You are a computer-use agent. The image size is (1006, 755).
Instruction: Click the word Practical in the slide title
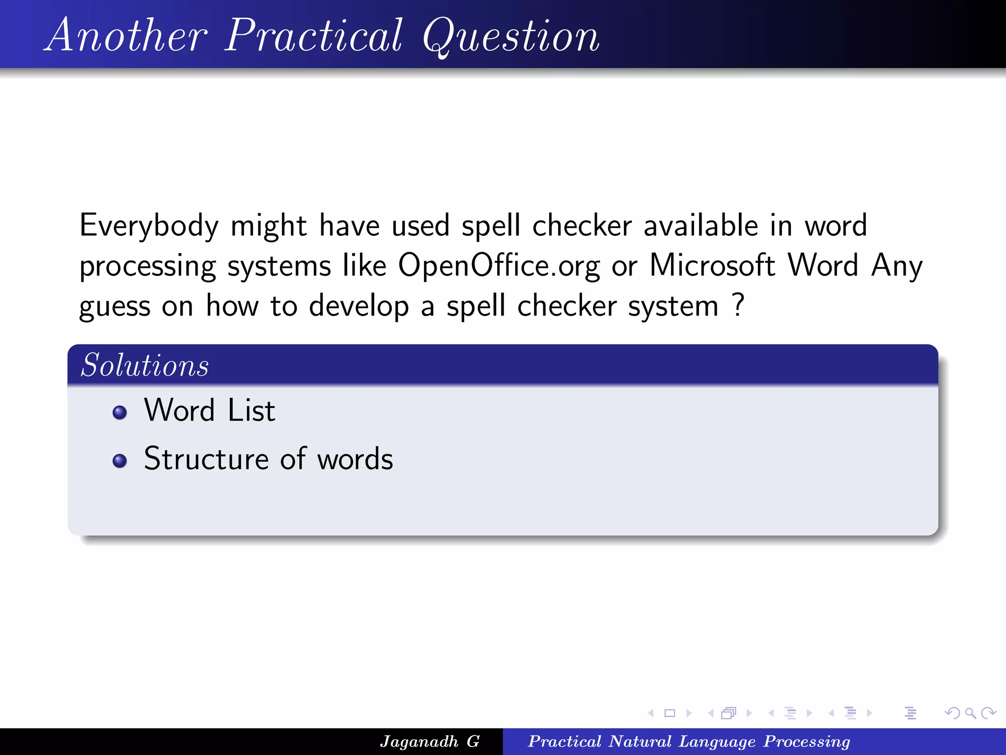[314, 35]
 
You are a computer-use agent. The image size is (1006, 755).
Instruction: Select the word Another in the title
[127, 35]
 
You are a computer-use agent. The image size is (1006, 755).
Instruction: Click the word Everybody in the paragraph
[148, 226]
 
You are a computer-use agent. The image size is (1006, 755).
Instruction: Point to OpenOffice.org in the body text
[499, 266]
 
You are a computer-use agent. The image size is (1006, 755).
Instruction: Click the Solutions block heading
[145, 365]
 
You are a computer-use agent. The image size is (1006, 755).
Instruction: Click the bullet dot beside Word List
[119, 412]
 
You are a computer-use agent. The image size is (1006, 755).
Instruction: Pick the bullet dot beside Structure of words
[119, 461]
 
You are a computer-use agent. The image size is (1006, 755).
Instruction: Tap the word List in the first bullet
[251, 410]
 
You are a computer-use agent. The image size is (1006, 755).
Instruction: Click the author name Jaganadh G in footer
[429, 741]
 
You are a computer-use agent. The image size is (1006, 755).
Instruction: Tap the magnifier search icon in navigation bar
[970, 713]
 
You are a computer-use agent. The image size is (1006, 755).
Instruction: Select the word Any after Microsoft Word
[896, 266]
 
